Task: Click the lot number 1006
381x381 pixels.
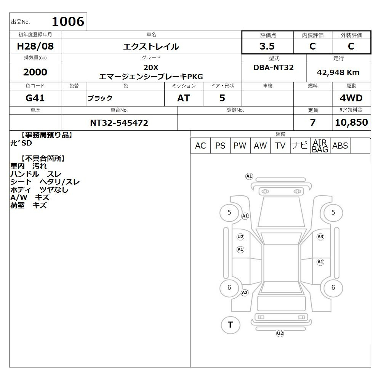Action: point(68,21)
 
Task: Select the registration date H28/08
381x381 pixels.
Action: point(35,46)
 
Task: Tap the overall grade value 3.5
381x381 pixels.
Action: point(267,46)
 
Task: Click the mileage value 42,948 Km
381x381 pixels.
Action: point(338,72)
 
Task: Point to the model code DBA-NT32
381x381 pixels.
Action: point(273,67)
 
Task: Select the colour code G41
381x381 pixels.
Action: point(35,98)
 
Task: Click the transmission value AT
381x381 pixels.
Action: point(184,98)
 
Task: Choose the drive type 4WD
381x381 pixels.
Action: point(351,98)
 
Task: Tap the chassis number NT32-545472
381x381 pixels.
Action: point(119,123)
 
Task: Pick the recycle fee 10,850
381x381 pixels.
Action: point(351,122)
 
